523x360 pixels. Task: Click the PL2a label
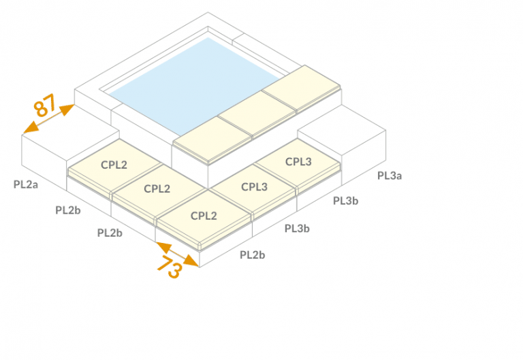click(x=26, y=184)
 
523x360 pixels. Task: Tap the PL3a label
click(x=390, y=176)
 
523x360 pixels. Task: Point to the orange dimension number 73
click(x=170, y=266)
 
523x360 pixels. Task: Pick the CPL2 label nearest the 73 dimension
click(x=204, y=216)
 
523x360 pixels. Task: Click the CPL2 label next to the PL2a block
click(x=114, y=165)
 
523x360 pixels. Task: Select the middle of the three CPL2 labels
click(x=157, y=189)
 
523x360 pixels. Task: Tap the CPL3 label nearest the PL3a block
click(x=298, y=162)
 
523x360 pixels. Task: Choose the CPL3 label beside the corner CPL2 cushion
click(x=254, y=186)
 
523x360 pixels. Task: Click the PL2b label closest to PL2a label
click(x=67, y=210)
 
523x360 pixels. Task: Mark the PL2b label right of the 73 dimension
click(x=252, y=255)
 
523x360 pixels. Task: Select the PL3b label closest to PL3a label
click(x=345, y=201)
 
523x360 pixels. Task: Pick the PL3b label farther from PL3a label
click(x=297, y=229)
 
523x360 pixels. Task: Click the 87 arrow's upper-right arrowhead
click(x=67, y=109)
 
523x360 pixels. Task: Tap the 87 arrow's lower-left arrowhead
click(x=29, y=129)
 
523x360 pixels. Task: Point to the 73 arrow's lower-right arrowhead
click(x=193, y=262)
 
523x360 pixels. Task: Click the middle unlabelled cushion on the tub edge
click(x=257, y=114)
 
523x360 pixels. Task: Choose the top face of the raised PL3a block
click(x=342, y=131)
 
